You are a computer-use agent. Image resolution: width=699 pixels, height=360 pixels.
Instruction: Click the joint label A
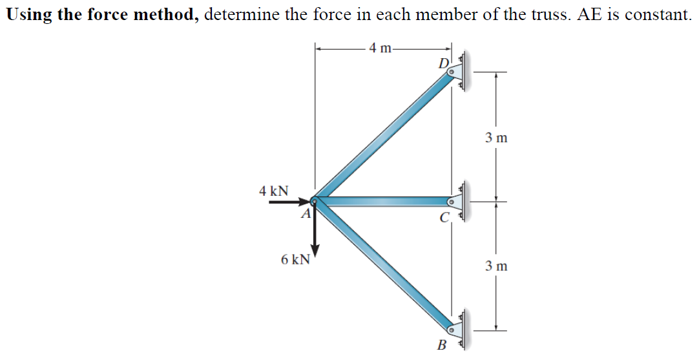pos(307,213)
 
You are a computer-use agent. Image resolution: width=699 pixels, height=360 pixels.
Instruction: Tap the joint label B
pos(442,344)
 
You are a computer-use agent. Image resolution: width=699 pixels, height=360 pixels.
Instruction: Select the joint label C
pos(444,218)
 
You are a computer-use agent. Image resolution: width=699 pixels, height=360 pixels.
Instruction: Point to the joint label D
pos(443,63)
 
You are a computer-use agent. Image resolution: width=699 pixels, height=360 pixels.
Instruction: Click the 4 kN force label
pos(273,191)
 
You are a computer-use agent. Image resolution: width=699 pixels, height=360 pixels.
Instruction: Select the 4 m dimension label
pos(381,48)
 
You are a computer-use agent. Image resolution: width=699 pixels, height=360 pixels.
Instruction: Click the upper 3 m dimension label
pos(496,137)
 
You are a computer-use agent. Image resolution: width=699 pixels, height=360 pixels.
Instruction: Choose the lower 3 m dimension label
pos(496,266)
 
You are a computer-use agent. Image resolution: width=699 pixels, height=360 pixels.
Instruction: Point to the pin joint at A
pos(315,202)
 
